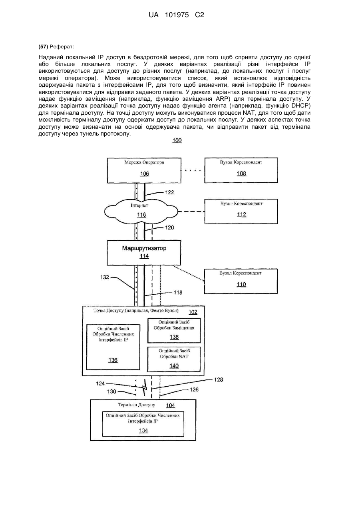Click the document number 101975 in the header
click(177, 15)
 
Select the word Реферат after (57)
click(62, 47)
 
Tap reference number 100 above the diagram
click(177, 140)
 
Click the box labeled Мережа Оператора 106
click(144, 170)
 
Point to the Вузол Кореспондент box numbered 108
click(241, 170)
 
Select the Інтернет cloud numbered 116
click(141, 212)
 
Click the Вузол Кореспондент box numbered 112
click(241, 212)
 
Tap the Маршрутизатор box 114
click(144, 252)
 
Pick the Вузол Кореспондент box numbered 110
click(241, 281)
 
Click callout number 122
click(169, 192)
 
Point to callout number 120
click(169, 228)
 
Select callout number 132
click(105, 277)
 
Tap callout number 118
click(178, 293)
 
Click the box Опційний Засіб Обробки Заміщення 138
click(174, 330)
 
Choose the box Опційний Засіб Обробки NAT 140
click(174, 359)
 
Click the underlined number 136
click(113, 360)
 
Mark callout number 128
click(219, 380)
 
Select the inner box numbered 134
click(143, 424)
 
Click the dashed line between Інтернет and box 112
click(191, 212)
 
